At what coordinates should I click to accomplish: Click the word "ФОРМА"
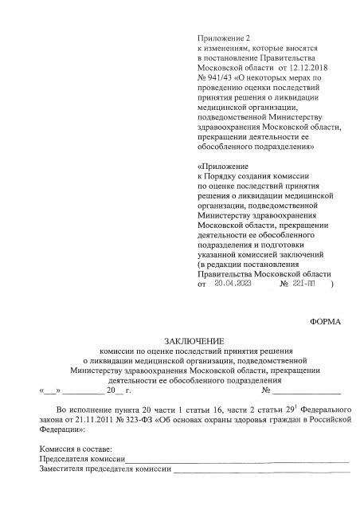(x=324, y=322)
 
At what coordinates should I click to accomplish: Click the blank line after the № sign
(x=307, y=392)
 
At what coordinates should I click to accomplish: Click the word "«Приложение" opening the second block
(x=221, y=166)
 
